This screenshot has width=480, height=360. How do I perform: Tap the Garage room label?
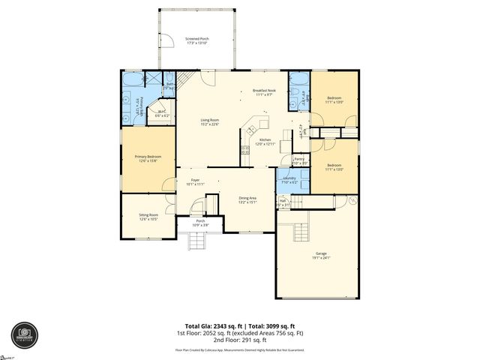click(x=322, y=256)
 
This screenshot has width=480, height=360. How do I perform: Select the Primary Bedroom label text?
click(x=148, y=158)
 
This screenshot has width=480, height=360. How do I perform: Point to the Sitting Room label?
click(x=148, y=217)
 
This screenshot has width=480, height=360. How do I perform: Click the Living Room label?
click(x=209, y=122)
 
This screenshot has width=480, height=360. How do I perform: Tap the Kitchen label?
click(x=265, y=142)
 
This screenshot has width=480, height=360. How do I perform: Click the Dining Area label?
click(x=247, y=199)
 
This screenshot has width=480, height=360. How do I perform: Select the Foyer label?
click(x=195, y=181)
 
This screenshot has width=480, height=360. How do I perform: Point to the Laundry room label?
click(x=289, y=180)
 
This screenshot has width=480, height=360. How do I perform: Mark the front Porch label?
click(x=200, y=223)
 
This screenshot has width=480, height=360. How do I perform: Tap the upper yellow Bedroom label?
click(x=335, y=100)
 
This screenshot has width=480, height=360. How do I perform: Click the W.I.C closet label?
click(x=162, y=114)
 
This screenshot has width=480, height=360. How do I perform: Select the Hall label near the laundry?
click(x=283, y=201)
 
